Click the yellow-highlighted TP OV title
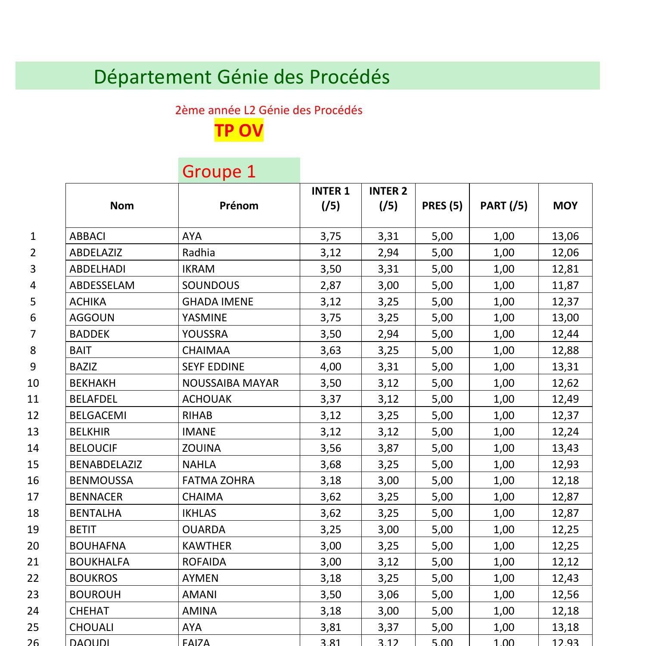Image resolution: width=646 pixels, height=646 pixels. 239,130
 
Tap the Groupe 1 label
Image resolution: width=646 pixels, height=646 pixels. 219,171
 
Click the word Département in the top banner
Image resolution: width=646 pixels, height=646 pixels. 152,77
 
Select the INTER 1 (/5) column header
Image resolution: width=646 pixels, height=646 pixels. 330,199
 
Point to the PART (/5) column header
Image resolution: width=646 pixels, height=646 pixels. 503,205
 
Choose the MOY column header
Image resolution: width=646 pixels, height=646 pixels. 565,205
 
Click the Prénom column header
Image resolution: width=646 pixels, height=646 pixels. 239,205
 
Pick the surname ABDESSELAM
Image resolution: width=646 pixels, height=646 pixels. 102,285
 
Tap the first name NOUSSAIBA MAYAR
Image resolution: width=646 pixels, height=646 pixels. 230,383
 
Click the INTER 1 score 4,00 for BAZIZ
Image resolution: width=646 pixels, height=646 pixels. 330,366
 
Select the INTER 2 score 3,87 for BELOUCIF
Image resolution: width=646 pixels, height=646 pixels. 388,448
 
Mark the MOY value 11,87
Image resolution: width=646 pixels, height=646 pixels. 565,285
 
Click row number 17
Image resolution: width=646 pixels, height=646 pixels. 33,497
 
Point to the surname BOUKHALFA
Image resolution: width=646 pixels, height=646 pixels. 99,562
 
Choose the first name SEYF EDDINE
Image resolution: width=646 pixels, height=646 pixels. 213,366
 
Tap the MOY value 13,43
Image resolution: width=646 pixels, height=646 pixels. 565,448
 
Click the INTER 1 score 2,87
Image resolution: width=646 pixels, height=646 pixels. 330,285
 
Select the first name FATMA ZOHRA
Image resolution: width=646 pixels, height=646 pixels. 218,480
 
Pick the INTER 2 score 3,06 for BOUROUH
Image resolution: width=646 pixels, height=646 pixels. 388,594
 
